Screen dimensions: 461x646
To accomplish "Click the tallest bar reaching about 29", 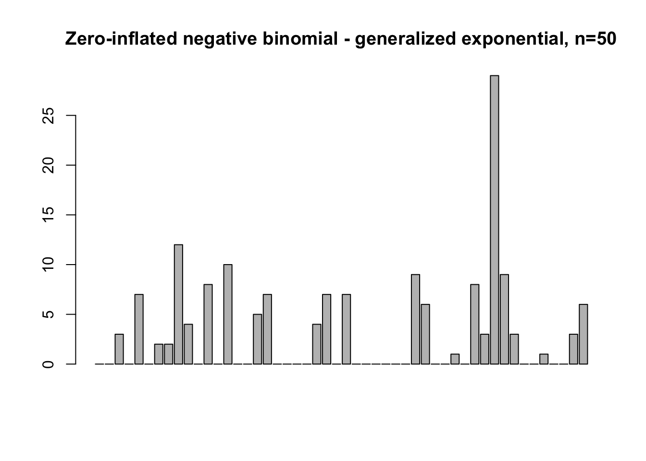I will pyautogui.click(x=494, y=219).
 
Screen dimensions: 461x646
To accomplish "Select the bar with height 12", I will pyautogui.click(x=178, y=304).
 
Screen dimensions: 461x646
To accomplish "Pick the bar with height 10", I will pyautogui.click(x=228, y=314).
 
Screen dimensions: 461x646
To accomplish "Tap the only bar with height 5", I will pyautogui.click(x=257, y=339).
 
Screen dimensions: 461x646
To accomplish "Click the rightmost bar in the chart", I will pyautogui.click(x=583, y=334).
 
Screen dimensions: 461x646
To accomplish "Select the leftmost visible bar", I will pyautogui.click(x=119, y=349).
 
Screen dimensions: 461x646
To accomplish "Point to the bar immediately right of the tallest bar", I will pyautogui.click(x=504, y=319).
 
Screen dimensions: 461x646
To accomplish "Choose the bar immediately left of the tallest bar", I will pyautogui.click(x=484, y=349).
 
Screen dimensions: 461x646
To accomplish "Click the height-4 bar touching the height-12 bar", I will pyautogui.click(x=188, y=344).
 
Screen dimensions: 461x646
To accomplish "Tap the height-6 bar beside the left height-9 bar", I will pyautogui.click(x=425, y=334).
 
